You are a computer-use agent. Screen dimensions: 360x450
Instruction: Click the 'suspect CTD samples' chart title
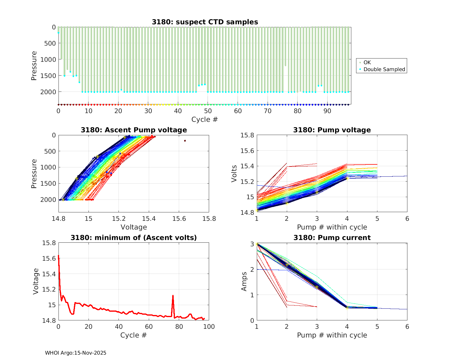point(205,22)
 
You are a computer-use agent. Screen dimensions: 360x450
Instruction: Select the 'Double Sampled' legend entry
point(384,69)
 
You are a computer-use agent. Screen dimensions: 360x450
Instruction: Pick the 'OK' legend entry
point(367,62)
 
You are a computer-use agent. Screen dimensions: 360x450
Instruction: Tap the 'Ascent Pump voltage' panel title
point(134,130)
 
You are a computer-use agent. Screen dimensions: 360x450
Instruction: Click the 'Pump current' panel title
point(332,238)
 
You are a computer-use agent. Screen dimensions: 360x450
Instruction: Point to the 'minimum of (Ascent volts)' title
point(134,238)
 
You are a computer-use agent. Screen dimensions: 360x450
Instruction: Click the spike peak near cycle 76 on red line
point(173,295)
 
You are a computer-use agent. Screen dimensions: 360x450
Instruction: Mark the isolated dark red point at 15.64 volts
point(185,141)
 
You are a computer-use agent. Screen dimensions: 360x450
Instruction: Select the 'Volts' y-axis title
point(235,174)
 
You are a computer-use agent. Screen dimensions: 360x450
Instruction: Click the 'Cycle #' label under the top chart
point(205,119)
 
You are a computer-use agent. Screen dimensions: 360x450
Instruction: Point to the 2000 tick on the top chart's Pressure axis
point(48,92)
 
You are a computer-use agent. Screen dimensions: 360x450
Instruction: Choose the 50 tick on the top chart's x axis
point(208,111)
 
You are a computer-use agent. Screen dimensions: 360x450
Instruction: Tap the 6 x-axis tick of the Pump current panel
point(407,327)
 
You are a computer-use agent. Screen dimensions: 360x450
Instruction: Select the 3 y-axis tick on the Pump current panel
point(251,244)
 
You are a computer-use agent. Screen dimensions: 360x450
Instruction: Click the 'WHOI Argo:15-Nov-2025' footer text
point(76,353)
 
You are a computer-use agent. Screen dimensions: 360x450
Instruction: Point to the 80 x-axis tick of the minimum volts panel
point(179,327)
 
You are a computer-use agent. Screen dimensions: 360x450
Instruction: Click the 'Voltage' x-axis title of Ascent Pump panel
point(134,227)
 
